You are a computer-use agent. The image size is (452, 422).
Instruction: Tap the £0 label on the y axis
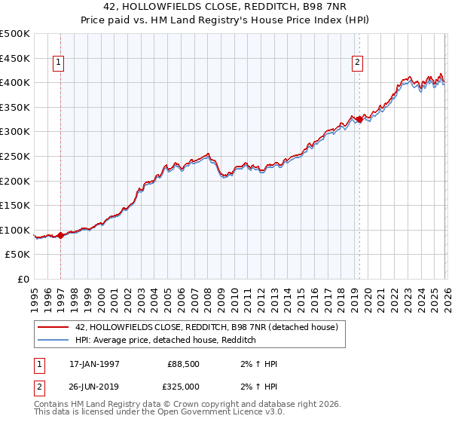coord(24,280)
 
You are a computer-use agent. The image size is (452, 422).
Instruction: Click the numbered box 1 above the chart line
coord(60,63)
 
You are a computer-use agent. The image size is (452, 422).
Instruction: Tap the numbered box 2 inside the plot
coord(359,63)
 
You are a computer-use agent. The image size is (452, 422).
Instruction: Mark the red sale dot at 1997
coord(61,235)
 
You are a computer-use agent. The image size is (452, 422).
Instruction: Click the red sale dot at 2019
coord(360,119)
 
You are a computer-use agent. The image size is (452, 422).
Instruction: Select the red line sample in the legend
coord(53,327)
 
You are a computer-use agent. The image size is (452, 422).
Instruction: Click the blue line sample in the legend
coord(53,340)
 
